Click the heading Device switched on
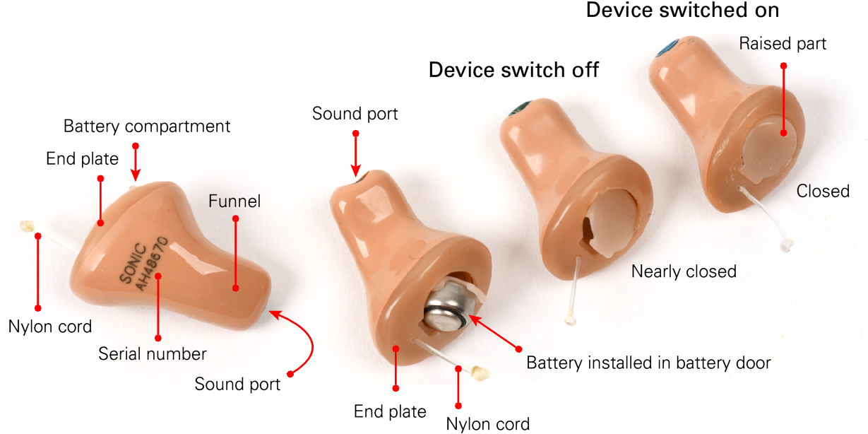[682, 11]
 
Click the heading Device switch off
[514, 70]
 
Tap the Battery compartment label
[147, 127]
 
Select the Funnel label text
[234, 201]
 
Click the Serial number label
[153, 353]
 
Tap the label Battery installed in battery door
[648, 363]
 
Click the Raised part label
[783, 44]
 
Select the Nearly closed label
[683, 271]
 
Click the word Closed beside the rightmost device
[823, 191]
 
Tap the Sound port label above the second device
[355, 114]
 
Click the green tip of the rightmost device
[665, 49]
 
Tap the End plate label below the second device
[390, 411]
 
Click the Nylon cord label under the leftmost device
[50, 327]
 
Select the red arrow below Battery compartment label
[135, 163]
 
